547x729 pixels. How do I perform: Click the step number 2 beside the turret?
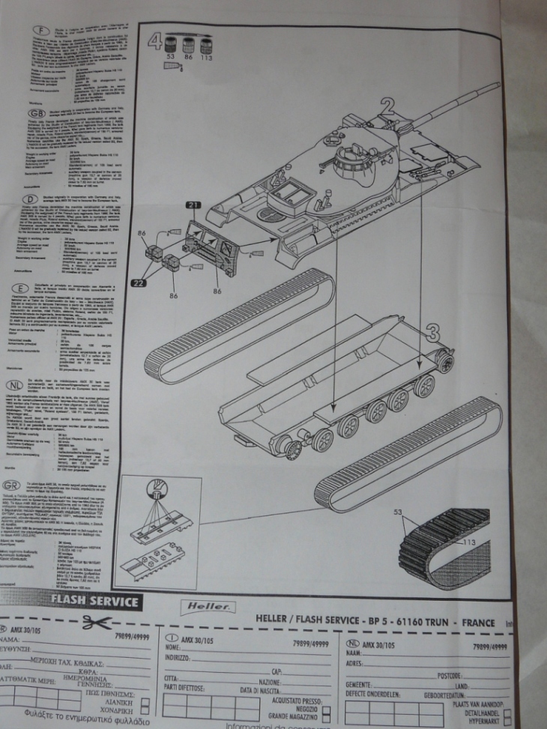(387, 104)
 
